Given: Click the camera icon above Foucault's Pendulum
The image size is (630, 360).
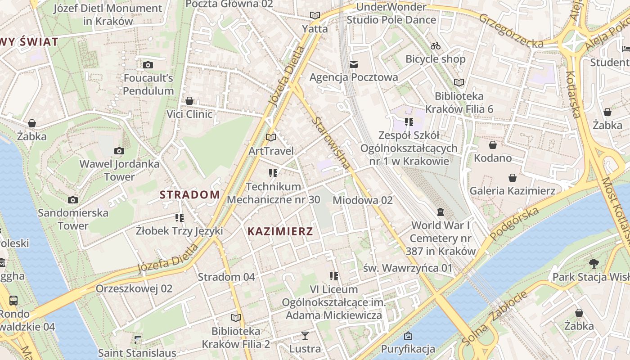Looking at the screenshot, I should [148, 65].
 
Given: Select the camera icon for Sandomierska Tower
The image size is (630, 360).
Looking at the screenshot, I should [73, 200].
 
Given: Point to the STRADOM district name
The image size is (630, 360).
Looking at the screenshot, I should [190, 195].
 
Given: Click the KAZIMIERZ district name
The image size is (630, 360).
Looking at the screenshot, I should [280, 232].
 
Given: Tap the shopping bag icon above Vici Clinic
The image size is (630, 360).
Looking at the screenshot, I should [189, 101].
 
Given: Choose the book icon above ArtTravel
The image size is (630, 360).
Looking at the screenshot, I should [270, 137].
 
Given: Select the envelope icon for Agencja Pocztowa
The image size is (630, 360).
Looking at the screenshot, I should [354, 64].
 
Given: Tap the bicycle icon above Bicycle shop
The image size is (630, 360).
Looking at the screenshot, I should [435, 46].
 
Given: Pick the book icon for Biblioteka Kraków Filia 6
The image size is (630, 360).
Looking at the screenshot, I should [459, 82].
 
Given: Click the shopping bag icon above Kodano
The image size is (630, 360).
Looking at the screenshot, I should [493, 145].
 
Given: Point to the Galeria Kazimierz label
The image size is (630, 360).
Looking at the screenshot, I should [512, 191].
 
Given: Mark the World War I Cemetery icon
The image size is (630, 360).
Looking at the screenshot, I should [441, 211].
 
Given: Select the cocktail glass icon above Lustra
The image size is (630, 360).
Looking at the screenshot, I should [305, 336].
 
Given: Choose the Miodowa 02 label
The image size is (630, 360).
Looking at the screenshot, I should [362, 200].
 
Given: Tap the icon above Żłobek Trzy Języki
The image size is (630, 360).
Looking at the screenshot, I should [180, 218].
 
